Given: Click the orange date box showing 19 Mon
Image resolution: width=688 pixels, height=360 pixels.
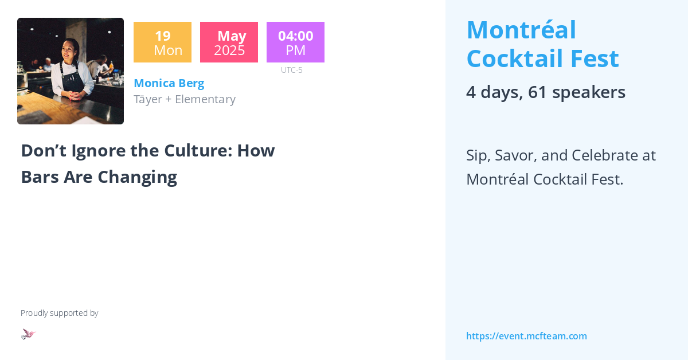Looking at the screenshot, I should pyautogui.click(x=162, y=42).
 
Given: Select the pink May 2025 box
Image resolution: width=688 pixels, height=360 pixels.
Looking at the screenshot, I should pyautogui.click(x=229, y=42).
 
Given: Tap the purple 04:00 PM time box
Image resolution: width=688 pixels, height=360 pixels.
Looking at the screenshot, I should pyautogui.click(x=295, y=42).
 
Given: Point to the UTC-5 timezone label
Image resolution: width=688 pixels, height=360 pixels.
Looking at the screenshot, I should pyautogui.click(x=291, y=70).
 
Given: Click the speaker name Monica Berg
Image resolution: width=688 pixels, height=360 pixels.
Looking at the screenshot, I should pyautogui.click(x=169, y=83).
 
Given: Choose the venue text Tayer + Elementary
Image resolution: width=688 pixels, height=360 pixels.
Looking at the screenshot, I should pyautogui.click(x=184, y=99).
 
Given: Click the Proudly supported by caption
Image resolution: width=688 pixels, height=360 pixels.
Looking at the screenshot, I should pyautogui.click(x=59, y=313).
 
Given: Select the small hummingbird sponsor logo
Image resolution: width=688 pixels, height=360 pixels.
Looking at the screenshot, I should pyautogui.click(x=28, y=334).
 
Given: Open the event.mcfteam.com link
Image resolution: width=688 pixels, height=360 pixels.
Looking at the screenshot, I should pyautogui.click(x=526, y=336).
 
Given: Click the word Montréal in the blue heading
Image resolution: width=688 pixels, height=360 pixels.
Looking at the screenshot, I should pyautogui.click(x=521, y=30).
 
